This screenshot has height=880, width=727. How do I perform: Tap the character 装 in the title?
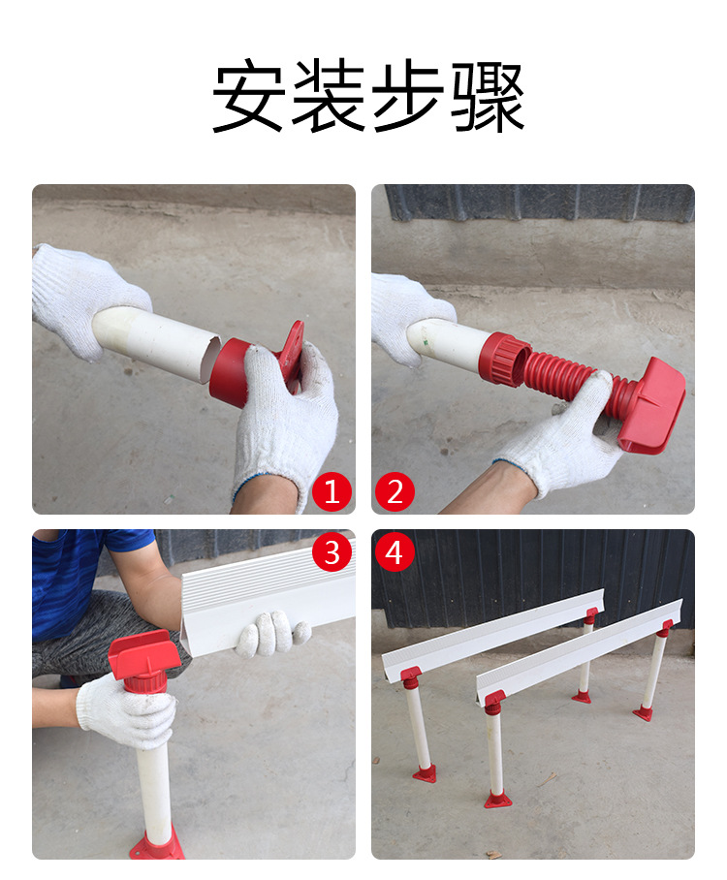pyautogui.click(x=328, y=99)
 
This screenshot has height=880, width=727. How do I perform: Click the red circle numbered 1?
pyautogui.click(x=332, y=493)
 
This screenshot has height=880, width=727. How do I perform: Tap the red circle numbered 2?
pyautogui.click(x=395, y=493)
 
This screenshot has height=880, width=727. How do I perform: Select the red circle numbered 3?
pyautogui.click(x=332, y=552)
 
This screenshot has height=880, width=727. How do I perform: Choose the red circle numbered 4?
pyautogui.click(x=395, y=552)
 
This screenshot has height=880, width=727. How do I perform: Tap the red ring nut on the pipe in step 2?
pyautogui.click(x=504, y=360)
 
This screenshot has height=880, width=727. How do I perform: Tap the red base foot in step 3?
pyautogui.click(x=156, y=845)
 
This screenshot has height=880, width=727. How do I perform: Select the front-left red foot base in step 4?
pyautogui.click(x=424, y=773)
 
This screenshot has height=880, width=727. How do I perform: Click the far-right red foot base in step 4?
pyautogui.click(x=643, y=714)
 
